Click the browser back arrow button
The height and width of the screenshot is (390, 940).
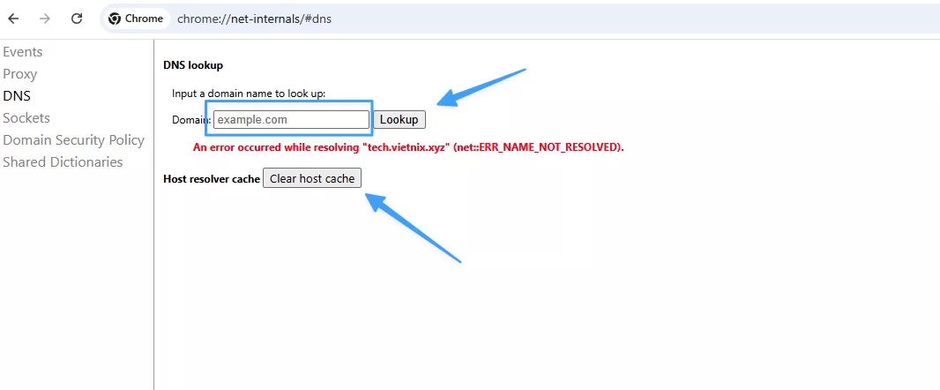pos(13,19)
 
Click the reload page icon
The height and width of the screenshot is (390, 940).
pos(77,19)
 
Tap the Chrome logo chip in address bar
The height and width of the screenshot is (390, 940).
pos(136,19)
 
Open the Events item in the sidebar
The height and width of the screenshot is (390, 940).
pos(23,52)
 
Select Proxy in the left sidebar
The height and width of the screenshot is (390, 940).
pos(20,74)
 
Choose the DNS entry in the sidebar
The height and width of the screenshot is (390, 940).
pos(17,96)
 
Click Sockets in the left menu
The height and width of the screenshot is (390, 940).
pos(26,118)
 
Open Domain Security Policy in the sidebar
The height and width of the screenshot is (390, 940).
pos(73,140)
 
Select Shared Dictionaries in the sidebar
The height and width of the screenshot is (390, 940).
pos(63,162)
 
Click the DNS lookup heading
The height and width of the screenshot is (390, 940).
pos(193,65)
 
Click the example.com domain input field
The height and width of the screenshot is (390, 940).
pos(291,119)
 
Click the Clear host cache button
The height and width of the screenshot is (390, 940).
pos(312,178)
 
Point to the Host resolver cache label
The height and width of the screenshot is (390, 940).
pos(212,179)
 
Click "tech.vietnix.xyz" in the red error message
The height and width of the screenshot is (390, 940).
pos(405,147)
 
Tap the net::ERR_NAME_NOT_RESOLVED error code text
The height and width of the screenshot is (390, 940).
pos(537,147)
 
